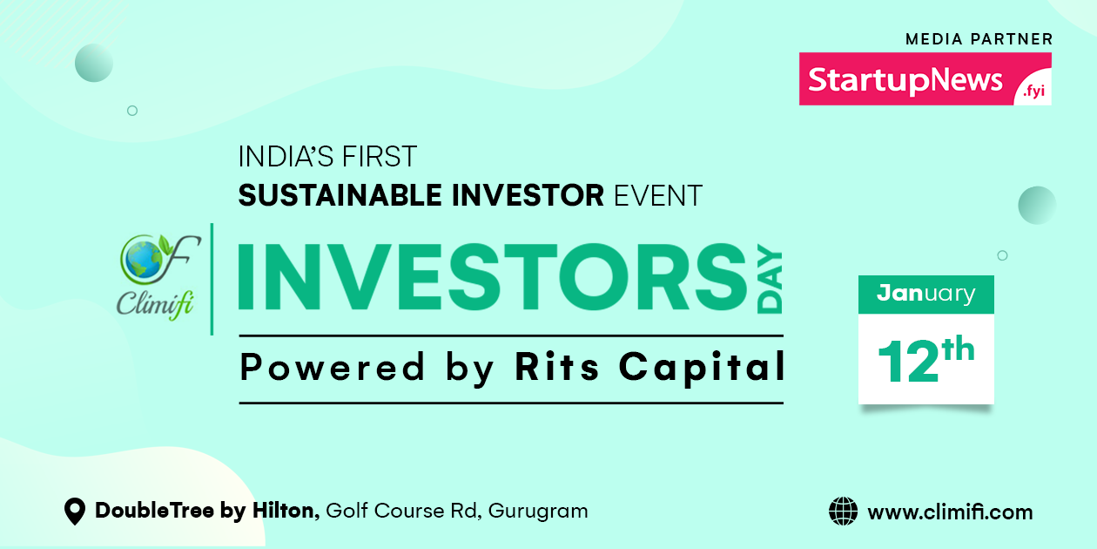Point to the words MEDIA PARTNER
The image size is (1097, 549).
[x=979, y=39]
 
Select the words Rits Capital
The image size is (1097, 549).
[x=649, y=368]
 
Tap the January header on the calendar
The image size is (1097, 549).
[x=925, y=294]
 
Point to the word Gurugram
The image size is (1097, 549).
[x=537, y=512]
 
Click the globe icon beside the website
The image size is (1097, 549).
[x=843, y=512]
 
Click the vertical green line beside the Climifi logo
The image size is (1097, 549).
[x=212, y=279]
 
